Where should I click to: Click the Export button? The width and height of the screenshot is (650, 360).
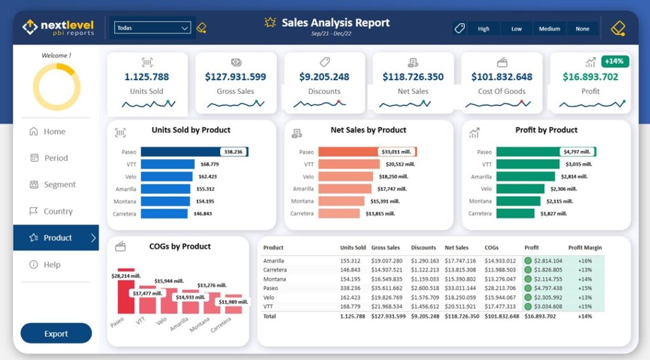point(56,333)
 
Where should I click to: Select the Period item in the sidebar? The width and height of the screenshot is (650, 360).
point(56,158)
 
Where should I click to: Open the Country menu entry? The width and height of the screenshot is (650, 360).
point(58,211)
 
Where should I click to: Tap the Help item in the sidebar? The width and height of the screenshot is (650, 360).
point(51,265)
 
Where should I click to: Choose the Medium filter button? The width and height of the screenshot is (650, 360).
point(549,29)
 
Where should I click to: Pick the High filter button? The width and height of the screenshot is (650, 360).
point(484,29)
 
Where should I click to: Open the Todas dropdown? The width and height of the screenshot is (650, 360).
point(152,28)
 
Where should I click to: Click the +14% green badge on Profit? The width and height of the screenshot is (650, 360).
point(614,62)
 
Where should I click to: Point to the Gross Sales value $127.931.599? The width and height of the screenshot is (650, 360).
point(235,77)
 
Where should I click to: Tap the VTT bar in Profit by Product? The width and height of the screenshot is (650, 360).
point(527,164)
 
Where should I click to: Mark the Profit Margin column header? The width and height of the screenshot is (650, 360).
point(585,248)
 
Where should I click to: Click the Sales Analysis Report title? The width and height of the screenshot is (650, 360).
point(335,23)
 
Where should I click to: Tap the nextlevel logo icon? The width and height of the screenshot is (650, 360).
point(30,27)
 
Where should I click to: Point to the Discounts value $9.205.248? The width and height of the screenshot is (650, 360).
point(324,77)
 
